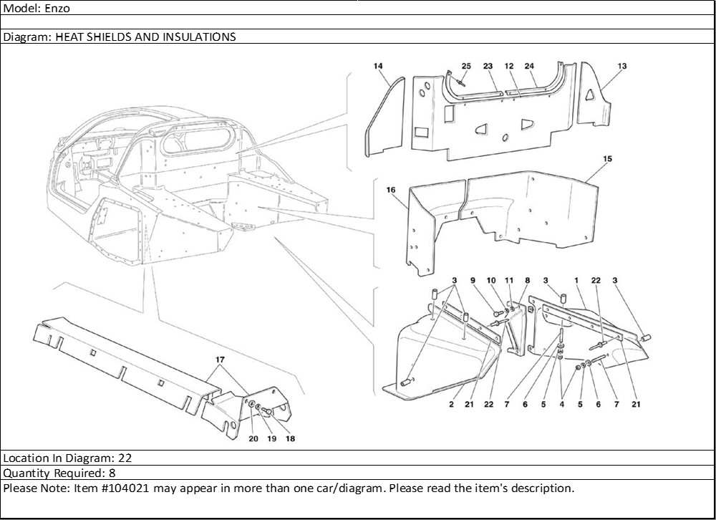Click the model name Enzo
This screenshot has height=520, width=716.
pyautogui.click(x=57, y=9)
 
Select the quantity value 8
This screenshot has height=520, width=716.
pyautogui.click(x=112, y=473)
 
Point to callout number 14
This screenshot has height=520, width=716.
pyautogui.click(x=378, y=67)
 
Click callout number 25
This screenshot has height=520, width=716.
pyautogui.click(x=466, y=67)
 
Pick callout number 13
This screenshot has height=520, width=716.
pyautogui.click(x=621, y=67)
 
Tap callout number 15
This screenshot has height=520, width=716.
pyautogui.click(x=607, y=158)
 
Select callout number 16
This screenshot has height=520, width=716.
pyautogui.click(x=391, y=191)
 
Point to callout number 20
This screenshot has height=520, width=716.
pyautogui.click(x=253, y=438)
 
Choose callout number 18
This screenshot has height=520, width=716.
pyautogui.click(x=290, y=438)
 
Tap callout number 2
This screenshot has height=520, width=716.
pyautogui.click(x=452, y=405)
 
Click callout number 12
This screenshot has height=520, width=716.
pyautogui.click(x=509, y=67)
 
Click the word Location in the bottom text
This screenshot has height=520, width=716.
pyautogui.click(x=24, y=458)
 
